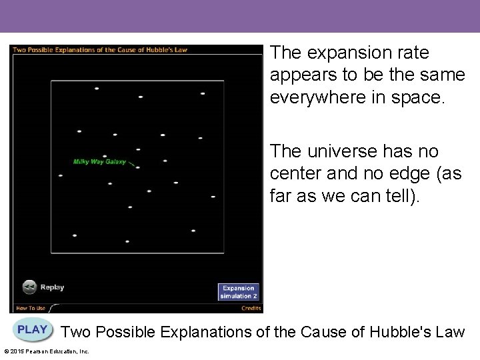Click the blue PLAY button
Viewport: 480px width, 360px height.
point(33,330)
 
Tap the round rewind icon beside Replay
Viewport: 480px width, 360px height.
point(29,287)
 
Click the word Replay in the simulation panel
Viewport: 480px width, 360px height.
point(52,287)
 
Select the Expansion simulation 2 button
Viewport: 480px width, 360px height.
point(238,292)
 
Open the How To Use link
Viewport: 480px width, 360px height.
point(31,308)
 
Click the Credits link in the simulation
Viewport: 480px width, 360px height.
point(251,308)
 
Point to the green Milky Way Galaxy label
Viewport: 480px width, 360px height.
point(99,162)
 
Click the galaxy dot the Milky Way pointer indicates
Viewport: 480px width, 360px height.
point(137,167)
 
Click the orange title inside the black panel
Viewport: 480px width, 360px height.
point(100,49)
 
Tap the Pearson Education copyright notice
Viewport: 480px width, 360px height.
point(47,351)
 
